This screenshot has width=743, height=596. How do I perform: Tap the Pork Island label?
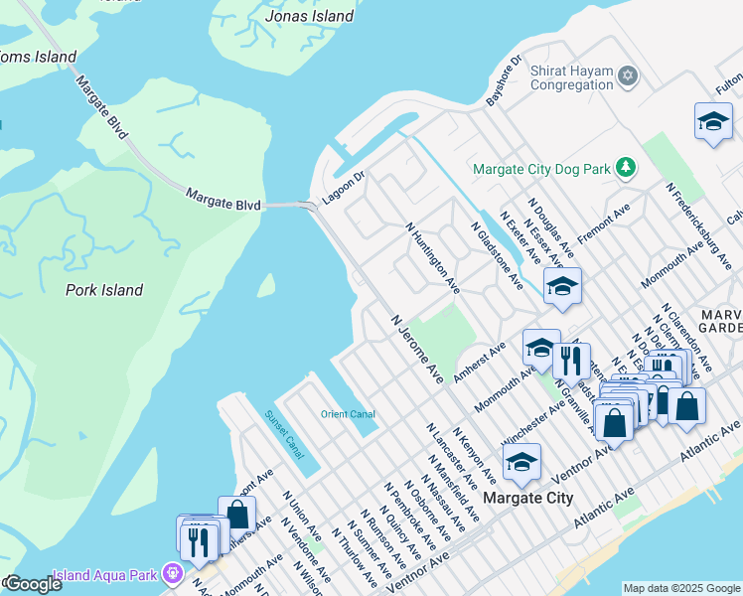(104, 290)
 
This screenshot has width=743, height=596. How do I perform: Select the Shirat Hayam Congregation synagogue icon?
(627, 75)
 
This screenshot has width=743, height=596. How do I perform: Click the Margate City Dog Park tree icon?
(625, 169)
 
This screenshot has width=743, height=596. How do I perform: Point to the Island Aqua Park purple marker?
(174, 574)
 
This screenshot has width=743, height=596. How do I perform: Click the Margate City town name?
(527, 498)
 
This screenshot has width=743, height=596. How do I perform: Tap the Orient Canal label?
(347, 414)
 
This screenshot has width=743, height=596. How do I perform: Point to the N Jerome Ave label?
(417, 350)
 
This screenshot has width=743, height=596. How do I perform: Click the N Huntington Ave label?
(433, 257)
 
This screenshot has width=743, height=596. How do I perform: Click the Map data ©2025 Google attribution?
(681, 588)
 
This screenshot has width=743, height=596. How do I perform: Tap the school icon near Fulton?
(713, 122)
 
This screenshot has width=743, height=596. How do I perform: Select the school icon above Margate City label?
(521, 461)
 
